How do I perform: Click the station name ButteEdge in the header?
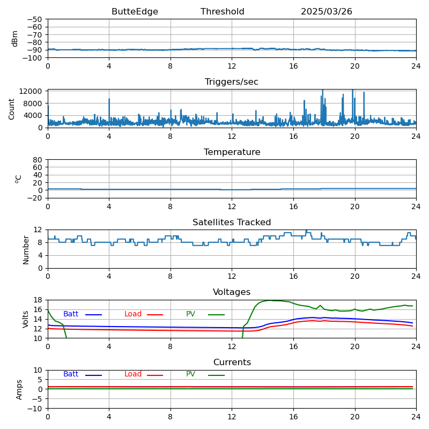click(135, 12)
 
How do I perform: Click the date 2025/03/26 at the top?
click(327, 12)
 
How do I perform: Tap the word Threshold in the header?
click(223, 12)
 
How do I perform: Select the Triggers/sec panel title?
click(232, 82)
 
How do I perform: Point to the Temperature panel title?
click(232, 152)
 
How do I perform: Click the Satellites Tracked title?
click(232, 223)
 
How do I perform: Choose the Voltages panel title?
click(232, 292)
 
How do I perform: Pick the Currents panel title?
click(232, 363)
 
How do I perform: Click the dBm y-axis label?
click(15, 38)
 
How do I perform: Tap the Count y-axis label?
click(12, 108)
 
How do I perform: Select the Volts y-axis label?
click(26, 319)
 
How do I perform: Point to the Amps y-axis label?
click(19, 389)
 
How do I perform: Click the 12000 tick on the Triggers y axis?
click(32, 92)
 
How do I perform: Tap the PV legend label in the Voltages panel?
click(190, 314)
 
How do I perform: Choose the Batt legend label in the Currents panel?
click(71, 374)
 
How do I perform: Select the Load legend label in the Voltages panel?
click(133, 314)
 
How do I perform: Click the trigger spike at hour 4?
click(109, 100)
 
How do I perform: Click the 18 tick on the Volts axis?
click(39, 300)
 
